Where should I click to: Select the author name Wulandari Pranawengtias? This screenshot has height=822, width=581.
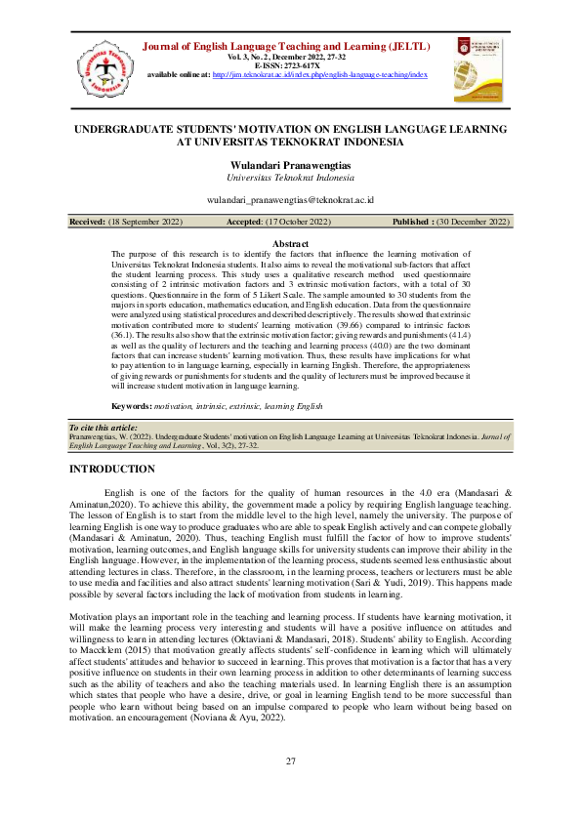[290, 166]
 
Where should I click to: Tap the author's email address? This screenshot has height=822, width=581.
[290, 199]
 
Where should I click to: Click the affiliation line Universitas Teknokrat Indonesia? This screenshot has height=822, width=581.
[290, 179]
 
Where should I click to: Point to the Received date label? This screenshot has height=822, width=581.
[87, 223]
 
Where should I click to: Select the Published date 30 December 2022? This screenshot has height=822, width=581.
[473, 223]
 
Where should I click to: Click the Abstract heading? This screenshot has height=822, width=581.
[290, 243]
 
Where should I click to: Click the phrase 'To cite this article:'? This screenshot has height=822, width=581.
[104, 428]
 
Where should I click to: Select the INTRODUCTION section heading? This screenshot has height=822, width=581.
[112, 470]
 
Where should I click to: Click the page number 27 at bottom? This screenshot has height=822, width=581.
[290, 761]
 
